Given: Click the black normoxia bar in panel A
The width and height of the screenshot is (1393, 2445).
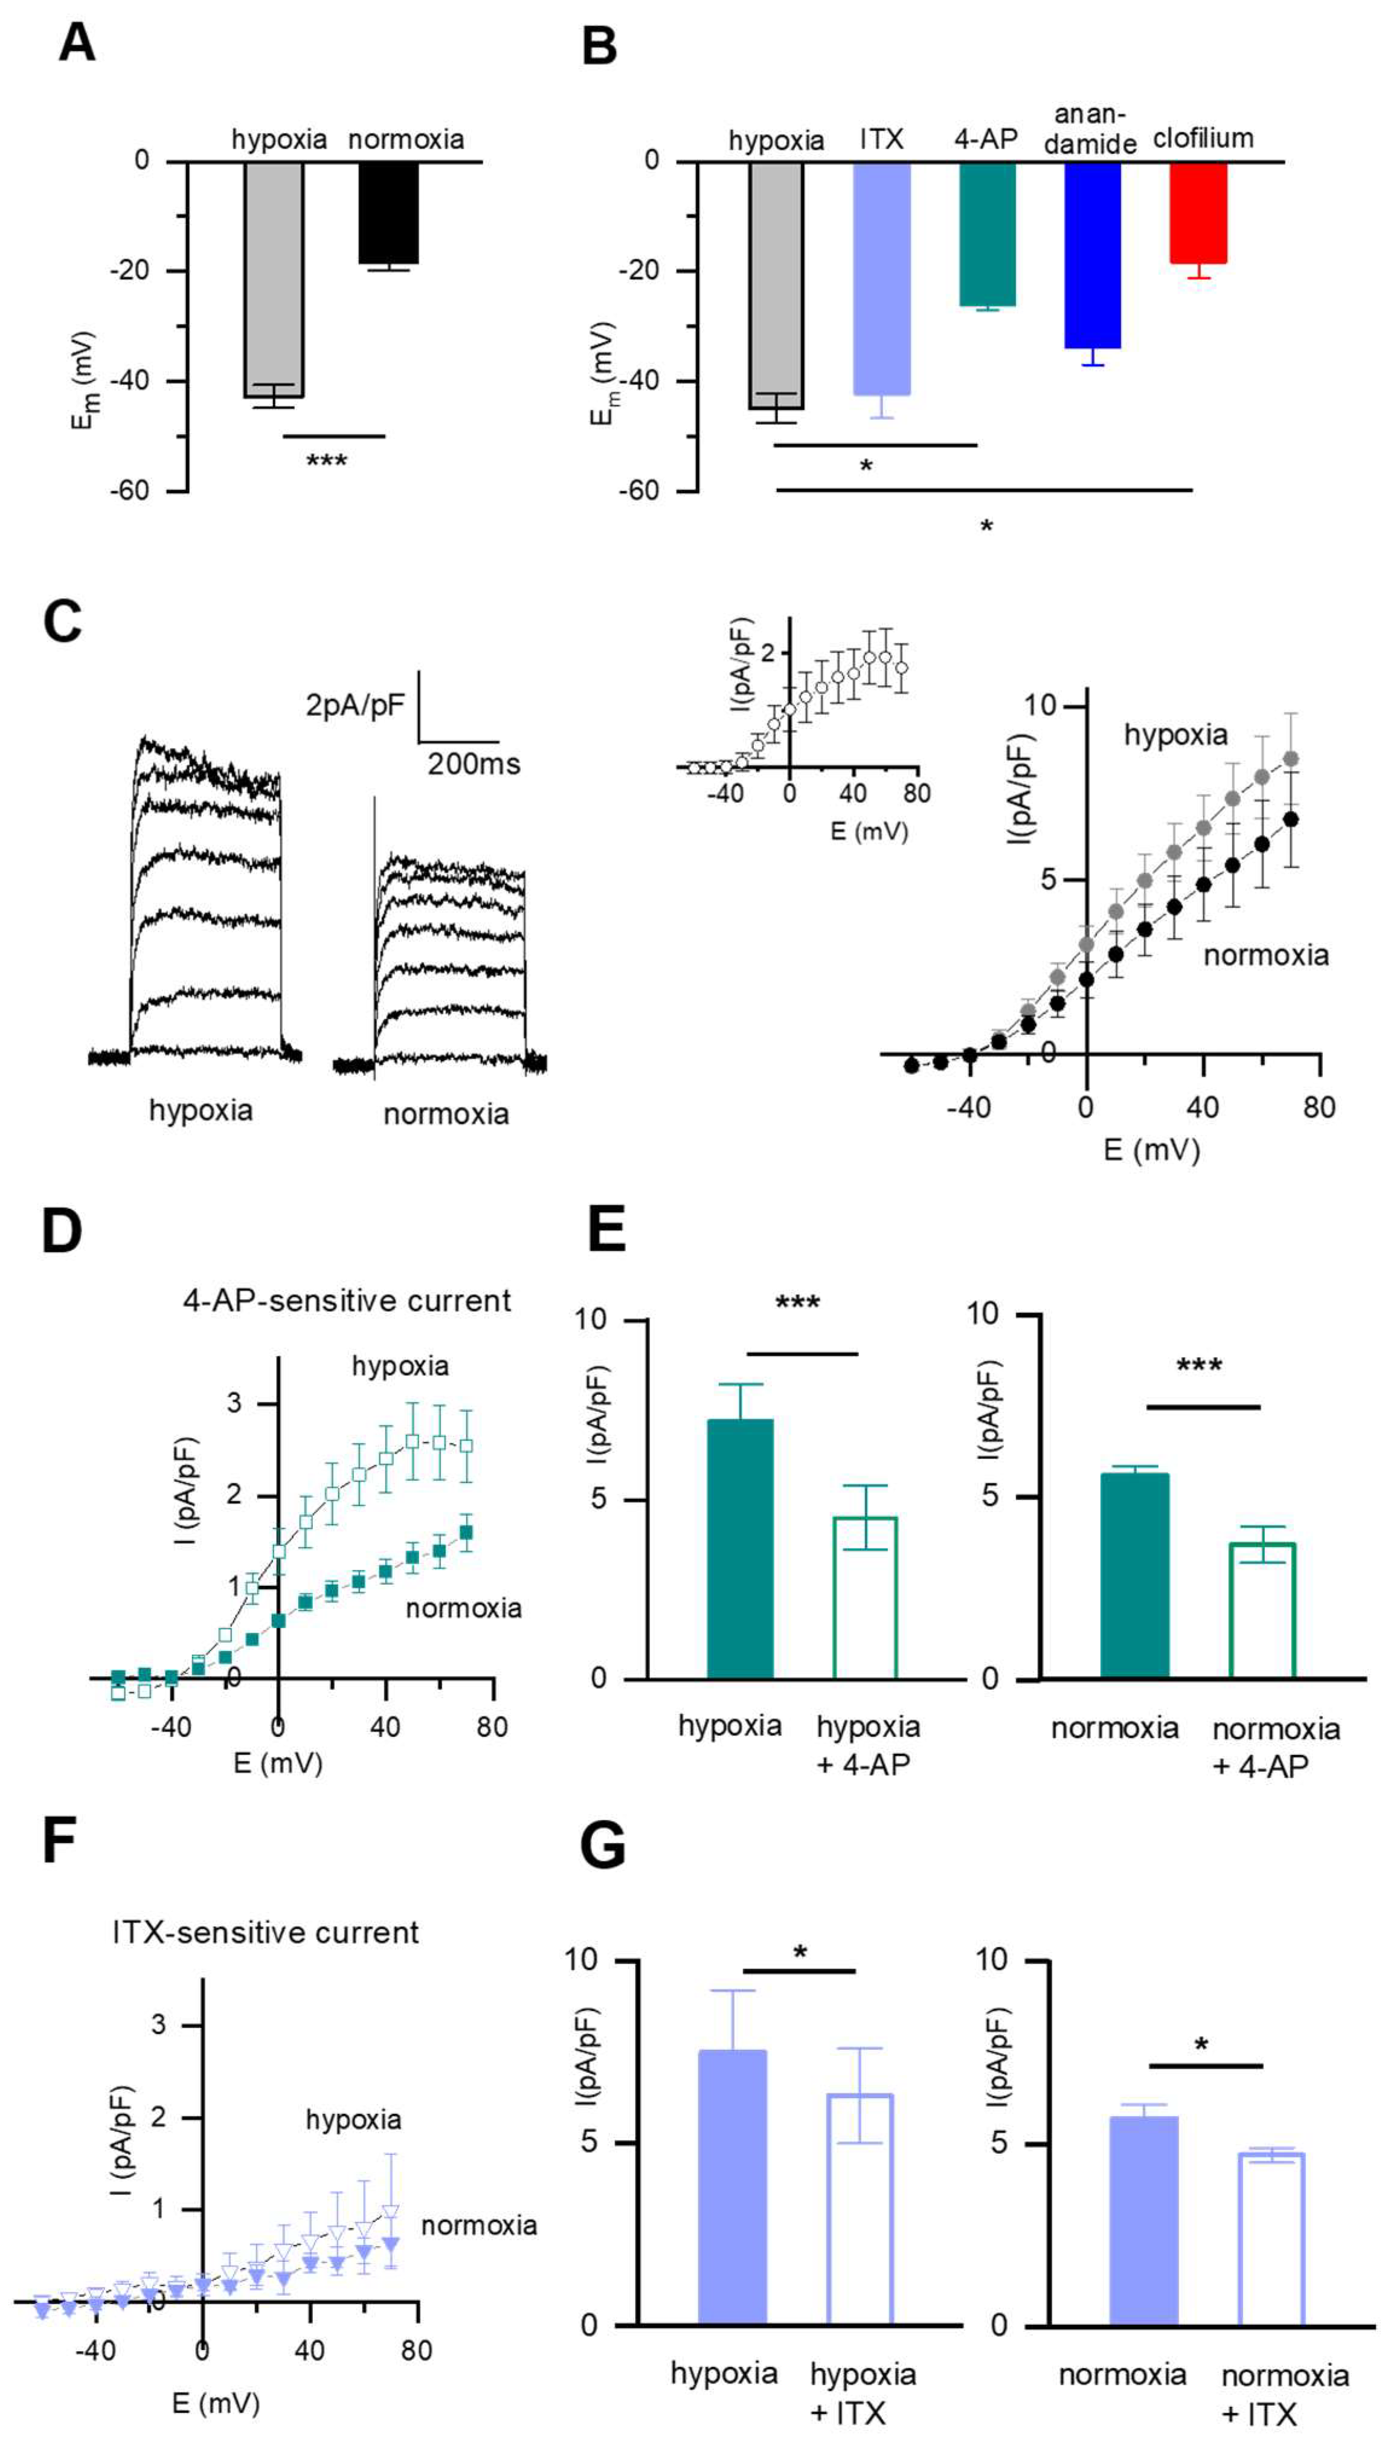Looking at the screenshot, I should (x=388, y=213).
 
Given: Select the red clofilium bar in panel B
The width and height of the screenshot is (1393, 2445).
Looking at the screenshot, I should (x=1198, y=213).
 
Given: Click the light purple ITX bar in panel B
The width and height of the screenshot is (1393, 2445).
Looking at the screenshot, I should (x=881, y=277).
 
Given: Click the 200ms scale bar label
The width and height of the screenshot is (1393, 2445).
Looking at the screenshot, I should (x=474, y=764).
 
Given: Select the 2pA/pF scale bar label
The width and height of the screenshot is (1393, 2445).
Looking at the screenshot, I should (x=355, y=706).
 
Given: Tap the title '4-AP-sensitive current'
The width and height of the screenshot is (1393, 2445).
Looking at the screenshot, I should (x=346, y=1301).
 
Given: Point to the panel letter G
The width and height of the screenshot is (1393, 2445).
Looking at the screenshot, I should (x=603, y=1846).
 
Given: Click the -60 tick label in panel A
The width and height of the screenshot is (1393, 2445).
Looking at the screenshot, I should (x=129, y=491).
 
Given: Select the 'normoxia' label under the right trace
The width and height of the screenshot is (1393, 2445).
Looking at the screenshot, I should (x=446, y=1115).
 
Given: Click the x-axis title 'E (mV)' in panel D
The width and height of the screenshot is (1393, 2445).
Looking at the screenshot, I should (x=277, y=1762).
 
